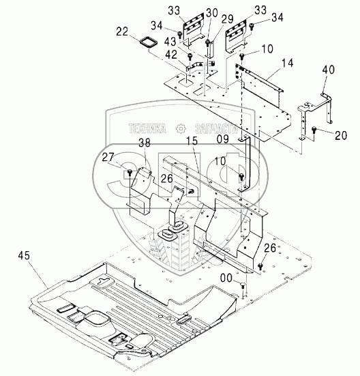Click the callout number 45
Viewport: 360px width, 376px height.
[24, 255]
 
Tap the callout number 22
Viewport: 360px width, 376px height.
[122, 31]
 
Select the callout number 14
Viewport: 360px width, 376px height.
[287, 63]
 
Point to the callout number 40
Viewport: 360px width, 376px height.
[328, 70]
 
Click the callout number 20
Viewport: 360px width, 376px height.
[341, 136]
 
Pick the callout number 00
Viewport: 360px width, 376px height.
[226, 278]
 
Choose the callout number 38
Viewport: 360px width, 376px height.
[145, 143]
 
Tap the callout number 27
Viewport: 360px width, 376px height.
[108, 158]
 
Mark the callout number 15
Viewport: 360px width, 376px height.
[192, 141]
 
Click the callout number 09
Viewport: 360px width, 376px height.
[223, 139]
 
